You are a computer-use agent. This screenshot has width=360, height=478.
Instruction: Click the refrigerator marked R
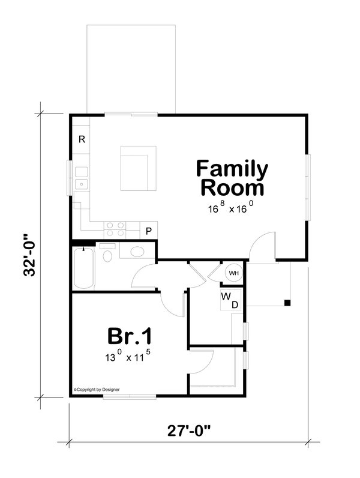pos(82,139)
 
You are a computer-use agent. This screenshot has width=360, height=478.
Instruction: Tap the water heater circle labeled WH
pos(233,274)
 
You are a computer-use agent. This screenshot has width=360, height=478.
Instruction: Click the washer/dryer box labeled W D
pos(229,301)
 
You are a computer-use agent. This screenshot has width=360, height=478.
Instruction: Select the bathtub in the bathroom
pos(83,268)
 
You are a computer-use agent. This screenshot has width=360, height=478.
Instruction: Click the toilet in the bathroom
pos(109,255)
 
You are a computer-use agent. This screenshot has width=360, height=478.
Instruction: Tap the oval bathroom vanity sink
pos(137,251)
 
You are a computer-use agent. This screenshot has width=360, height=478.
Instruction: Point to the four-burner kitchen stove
pos(115,228)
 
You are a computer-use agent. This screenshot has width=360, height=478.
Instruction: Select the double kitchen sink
pos(83,177)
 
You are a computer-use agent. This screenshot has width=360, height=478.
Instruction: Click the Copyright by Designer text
pos(97,389)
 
